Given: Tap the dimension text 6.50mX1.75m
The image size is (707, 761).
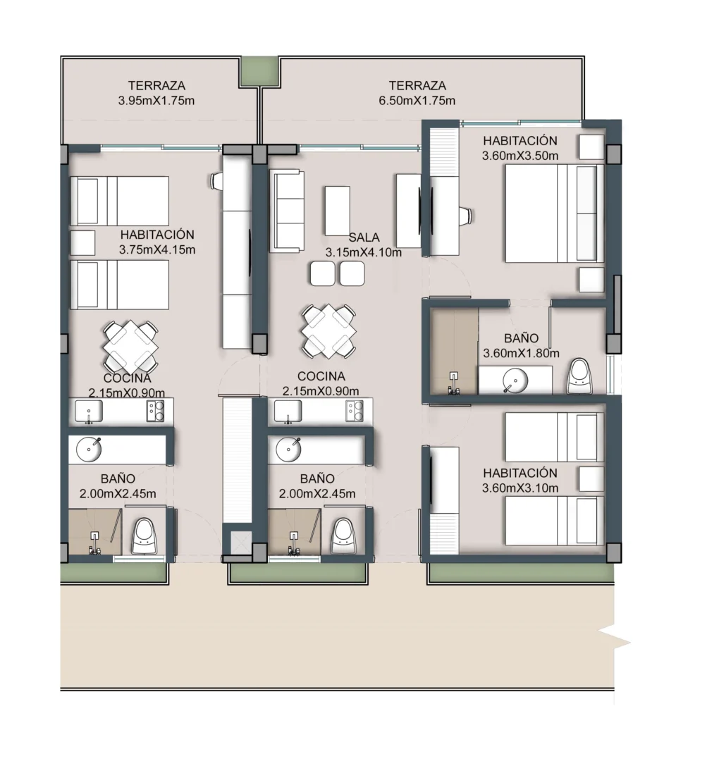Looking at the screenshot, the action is [x=417, y=101].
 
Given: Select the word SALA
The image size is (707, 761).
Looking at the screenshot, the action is [x=364, y=237].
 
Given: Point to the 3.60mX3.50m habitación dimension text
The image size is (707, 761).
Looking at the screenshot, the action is [x=520, y=156].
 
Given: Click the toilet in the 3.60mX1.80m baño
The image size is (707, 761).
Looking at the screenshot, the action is [x=580, y=376].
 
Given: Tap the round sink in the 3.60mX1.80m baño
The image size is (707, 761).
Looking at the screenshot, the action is [x=515, y=380].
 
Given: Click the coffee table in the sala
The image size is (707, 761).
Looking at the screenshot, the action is [x=338, y=210].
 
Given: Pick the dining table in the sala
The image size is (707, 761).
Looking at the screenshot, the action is [x=328, y=331].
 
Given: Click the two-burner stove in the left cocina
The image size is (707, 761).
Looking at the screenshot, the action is [x=155, y=411].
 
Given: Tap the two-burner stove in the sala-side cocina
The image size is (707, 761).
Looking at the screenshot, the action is [x=355, y=411].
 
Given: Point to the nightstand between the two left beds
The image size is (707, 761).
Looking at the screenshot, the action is [x=82, y=242].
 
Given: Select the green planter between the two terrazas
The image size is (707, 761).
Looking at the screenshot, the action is [x=259, y=72].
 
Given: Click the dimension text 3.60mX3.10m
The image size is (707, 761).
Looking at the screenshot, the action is [x=520, y=488].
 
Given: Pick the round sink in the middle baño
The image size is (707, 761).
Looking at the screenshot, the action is [x=288, y=450].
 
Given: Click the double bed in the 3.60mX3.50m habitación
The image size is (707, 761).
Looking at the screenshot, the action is [x=555, y=214].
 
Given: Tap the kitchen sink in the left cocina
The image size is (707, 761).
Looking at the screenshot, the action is [x=89, y=411].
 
